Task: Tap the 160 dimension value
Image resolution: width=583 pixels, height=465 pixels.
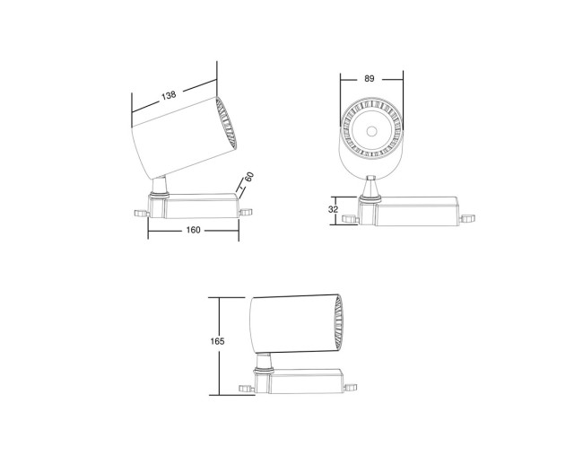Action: coord(193,230)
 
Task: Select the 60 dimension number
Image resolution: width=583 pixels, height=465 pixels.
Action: coord(249,178)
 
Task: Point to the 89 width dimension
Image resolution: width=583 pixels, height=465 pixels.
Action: coord(370,79)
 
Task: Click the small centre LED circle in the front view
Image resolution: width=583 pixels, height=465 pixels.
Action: coord(370,131)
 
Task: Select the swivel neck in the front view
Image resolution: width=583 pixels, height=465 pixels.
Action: coord(370,185)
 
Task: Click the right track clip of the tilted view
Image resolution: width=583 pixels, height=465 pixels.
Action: coord(246,213)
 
